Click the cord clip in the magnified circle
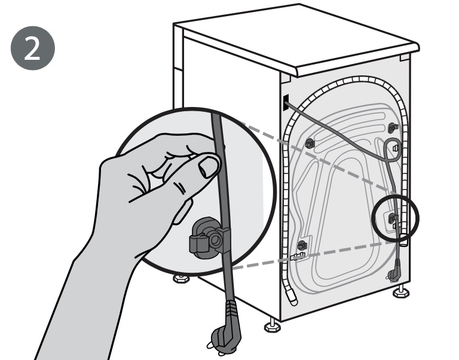[x=206, y=236]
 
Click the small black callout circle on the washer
[x=395, y=218]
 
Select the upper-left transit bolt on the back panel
[x=310, y=142]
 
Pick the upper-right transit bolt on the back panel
[x=393, y=127]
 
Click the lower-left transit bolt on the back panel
[x=302, y=244]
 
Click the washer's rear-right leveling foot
[x=400, y=293]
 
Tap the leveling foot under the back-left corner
[x=271, y=326]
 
